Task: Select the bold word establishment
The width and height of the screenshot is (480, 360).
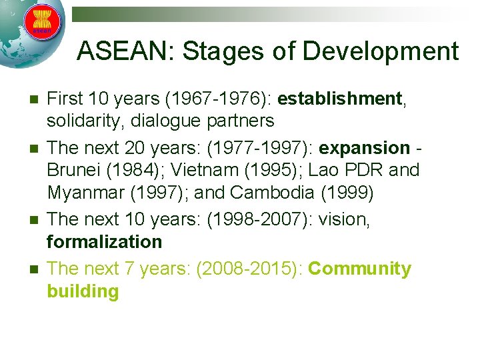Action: [340, 99]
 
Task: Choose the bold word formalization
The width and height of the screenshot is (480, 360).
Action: [105, 241]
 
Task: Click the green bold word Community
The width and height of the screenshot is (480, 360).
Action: [360, 269]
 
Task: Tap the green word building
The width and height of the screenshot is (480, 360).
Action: [83, 291]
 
